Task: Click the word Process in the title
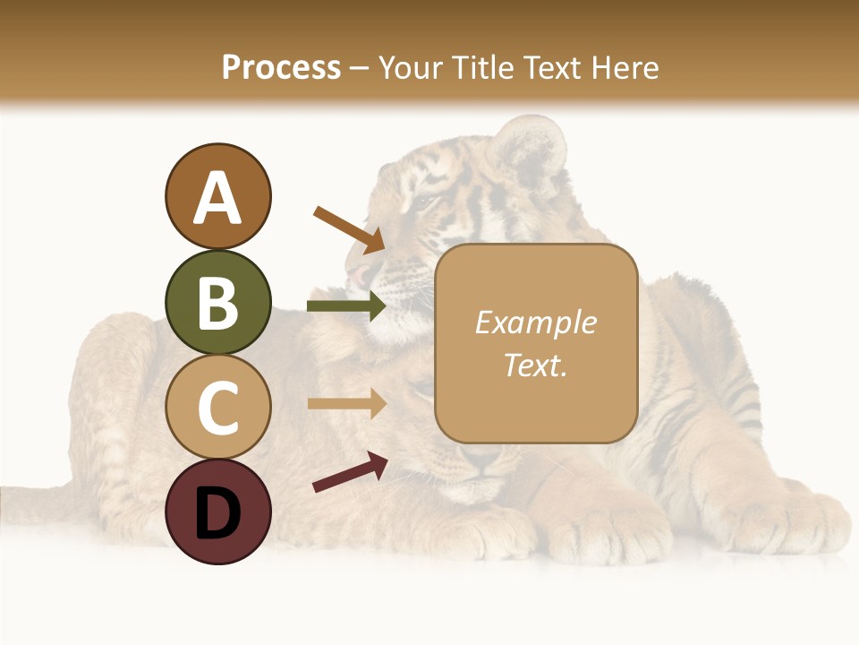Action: pos(281,67)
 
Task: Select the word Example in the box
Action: pos(536,322)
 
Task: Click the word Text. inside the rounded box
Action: pos(536,365)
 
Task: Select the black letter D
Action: pos(217,512)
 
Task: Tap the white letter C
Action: pos(217,408)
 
